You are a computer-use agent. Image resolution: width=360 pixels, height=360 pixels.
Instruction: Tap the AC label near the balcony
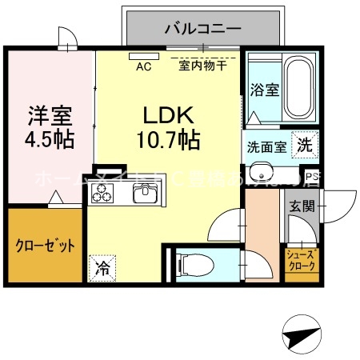(144, 66)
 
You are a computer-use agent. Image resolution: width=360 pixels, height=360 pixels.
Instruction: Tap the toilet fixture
(189, 262)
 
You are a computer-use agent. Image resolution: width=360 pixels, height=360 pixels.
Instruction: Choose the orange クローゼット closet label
(45, 246)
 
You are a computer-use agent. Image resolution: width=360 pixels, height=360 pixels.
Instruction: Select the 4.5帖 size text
(48, 138)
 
